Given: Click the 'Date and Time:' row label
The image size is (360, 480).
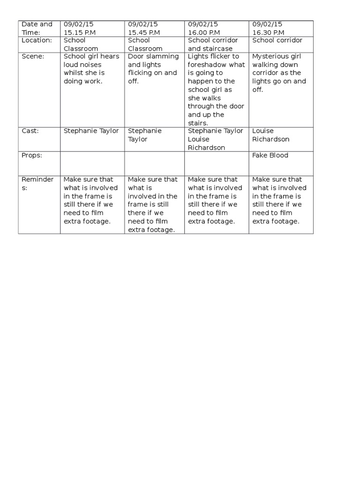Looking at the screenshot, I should (37, 28).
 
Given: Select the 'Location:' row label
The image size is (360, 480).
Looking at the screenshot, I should (37, 40).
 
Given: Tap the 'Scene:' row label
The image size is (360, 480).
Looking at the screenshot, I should (33, 56).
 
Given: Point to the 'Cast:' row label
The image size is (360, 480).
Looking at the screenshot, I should (30, 131).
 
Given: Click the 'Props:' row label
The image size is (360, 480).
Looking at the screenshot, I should (32, 155).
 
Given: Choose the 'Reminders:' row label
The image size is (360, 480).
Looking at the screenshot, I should (38, 183).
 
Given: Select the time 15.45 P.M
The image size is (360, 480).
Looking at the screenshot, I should (144, 32).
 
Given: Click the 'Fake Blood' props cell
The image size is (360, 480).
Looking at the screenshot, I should (270, 155).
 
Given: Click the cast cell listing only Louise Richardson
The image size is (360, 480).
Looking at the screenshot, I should (271, 135).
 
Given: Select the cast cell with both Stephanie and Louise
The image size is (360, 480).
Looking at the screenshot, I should (215, 139).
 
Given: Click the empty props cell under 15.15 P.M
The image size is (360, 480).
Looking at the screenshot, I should (92, 163).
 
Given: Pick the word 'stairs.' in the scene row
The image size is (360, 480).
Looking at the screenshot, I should (199, 123).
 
